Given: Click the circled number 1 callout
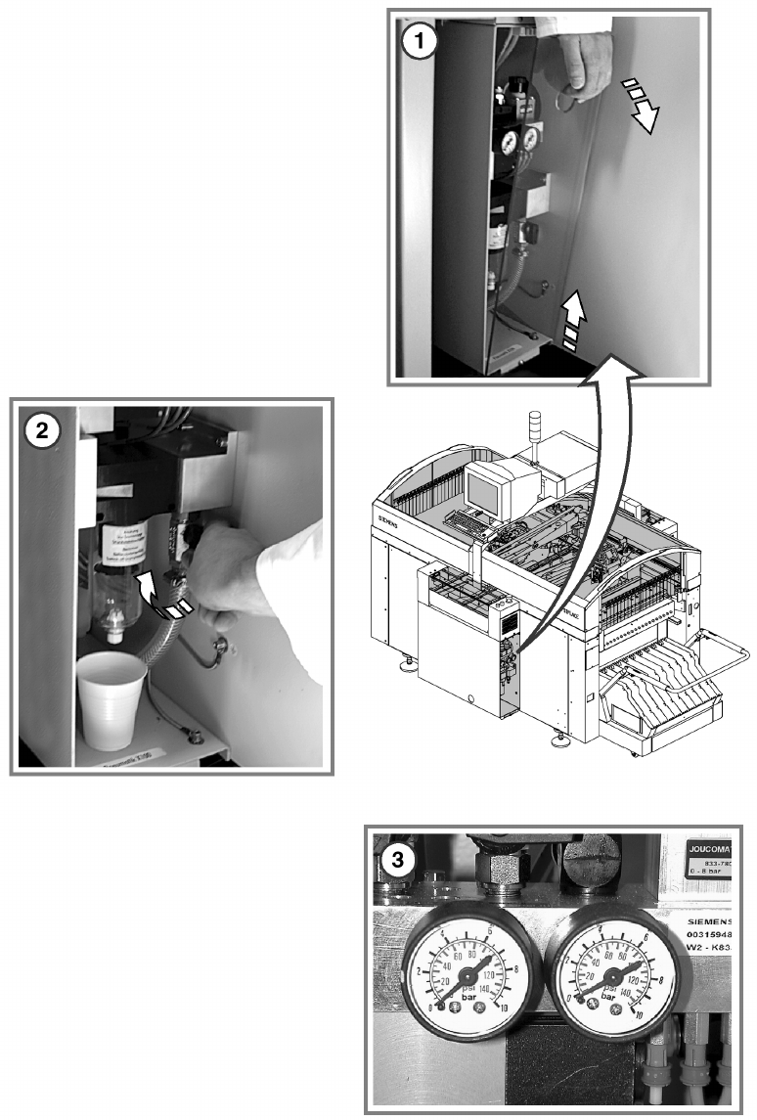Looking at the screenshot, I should (420, 43).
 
